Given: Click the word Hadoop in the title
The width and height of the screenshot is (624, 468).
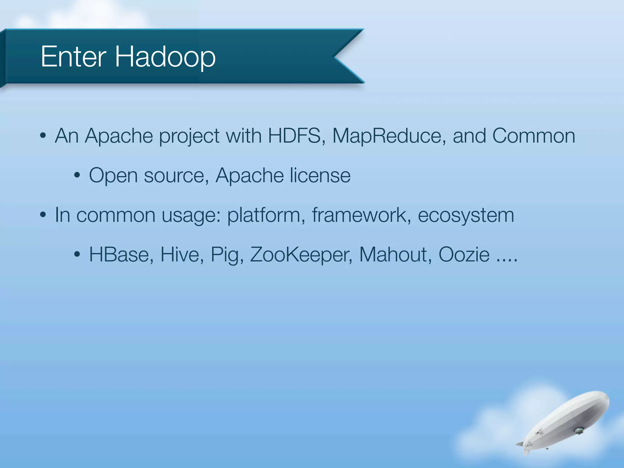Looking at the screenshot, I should point(165,57).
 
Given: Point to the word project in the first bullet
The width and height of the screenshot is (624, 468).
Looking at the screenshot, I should point(189,136).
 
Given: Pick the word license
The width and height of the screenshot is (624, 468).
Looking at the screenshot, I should point(320,175).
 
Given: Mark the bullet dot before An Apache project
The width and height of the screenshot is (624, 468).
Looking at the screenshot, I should point(43,136).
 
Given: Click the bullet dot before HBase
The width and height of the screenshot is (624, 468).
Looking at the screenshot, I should point(77,254).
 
